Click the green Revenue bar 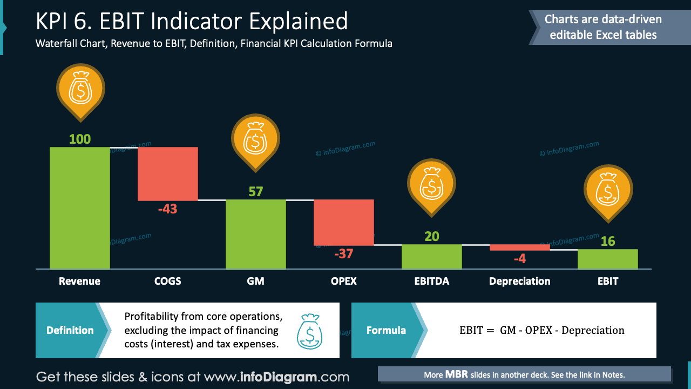click(x=80, y=208)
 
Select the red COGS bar click(x=168, y=173)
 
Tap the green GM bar click(x=255, y=234)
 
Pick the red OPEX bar click(x=344, y=222)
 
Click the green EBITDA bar click(x=431, y=257)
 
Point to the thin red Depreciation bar click(x=519, y=247)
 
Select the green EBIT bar click(x=607, y=259)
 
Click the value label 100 click(x=80, y=139)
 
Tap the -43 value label click(x=167, y=209)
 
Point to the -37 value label click(x=343, y=254)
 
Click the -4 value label click(x=519, y=259)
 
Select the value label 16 click(x=608, y=242)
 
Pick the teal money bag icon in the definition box click(x=309, y=331)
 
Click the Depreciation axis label click(x=519, y=281)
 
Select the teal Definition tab click(x=70, y=330)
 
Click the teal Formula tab click(x=386, y=330)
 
